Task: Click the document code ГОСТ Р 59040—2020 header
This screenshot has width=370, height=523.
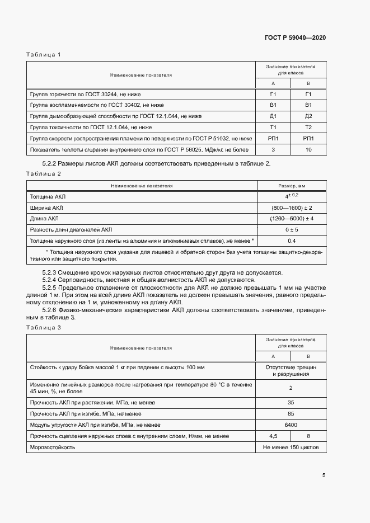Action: [x=295, y=37]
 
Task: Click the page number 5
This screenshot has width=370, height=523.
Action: [x=324, y=475]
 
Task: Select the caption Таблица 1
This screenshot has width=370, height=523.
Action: [x=43, y=54]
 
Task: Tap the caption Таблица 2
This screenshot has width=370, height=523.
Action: [x=43, y=173]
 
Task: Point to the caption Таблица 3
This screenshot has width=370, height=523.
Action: [x=43, y=327]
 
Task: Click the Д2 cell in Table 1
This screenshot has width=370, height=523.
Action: [x=308, y=116]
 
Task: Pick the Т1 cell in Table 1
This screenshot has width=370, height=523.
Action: [x=273, y=127]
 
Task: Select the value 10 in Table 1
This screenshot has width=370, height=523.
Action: [x=308, y=149]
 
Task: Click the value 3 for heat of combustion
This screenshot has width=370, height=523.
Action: [x=273, y=149]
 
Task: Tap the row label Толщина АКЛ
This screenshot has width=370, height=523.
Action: [x=47, y=196]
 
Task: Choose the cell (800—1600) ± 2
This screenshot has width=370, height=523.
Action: [x=291, y=207]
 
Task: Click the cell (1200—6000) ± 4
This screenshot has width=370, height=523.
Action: [x=291, y=218]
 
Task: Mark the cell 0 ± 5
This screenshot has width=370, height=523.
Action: [x=291, y=229]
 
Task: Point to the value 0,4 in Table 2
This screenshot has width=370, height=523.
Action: [x=291, y=241]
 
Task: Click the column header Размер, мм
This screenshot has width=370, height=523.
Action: [x=291, y=185]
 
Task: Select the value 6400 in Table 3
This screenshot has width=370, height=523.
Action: [x=291, y=425]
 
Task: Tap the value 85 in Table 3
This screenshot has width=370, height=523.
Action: [x=291, y=413]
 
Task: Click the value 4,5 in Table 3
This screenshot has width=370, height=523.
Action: [x=273, y=436]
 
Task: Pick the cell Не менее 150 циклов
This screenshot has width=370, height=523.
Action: [x=291, y=447]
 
